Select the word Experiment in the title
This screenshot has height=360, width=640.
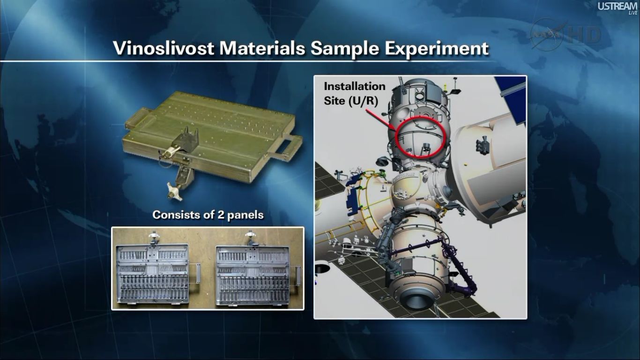coord(437,49)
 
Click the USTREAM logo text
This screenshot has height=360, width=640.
coord(618,7)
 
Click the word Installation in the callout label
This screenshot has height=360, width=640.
coord(355,86)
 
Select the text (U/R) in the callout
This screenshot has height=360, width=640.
coord(363,101)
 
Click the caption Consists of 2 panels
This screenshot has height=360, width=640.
coord(208,215)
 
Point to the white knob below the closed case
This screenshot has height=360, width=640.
coord(173,192)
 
